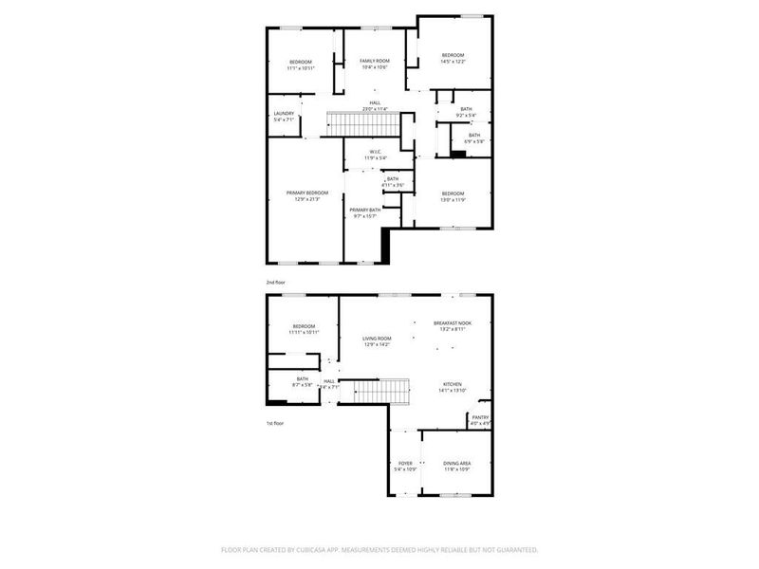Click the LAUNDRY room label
click(x=284, y=114)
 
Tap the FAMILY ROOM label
click(x=373, y=61)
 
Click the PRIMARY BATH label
click(x=365, y=210)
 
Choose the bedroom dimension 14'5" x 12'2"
click(x=453, y=62)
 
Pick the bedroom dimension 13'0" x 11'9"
click(x=453, y=199)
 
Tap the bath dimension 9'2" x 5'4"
click(x=466, y=116)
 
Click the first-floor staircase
click(x=376, y=390)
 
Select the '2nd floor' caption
click(x=275, y=283)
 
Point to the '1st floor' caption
click(x=275, y=423)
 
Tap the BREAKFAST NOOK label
click(x=452, y=324)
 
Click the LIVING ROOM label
click(x=377, y=338)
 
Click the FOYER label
click(x=404, y=463)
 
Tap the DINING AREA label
click(x=457, y=463)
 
